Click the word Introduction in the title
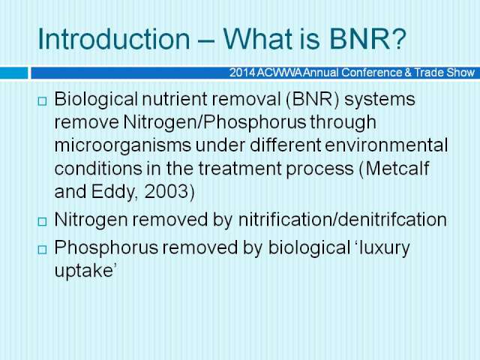tap(113, 39)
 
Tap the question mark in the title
tap(399, 39)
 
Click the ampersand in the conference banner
tap(408, 73)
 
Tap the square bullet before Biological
tap(42, 101)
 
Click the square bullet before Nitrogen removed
tap(42, 222)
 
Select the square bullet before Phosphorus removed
tap(42, 250)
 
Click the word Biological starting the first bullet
tap(96, 100)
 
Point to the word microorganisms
tap(123, 146)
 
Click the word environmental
tap(386, 145)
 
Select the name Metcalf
tap(397, 168)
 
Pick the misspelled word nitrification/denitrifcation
tap(342, 220)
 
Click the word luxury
tap(385, 248)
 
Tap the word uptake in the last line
tap(84, 271)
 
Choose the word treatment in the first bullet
tap(240, 169)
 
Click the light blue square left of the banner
tap(13, 73)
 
